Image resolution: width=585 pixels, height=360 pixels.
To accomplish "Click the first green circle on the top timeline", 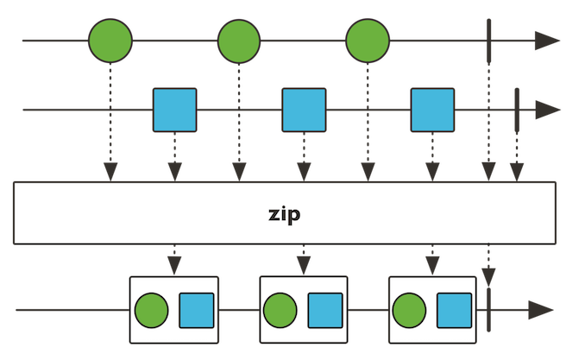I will (x=110, y=41).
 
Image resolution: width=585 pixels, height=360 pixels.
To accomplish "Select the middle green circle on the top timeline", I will (x=239, y=41).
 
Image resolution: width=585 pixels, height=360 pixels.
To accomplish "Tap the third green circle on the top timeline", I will (x=368, y=41).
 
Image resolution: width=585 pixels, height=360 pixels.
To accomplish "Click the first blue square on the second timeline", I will (x=175, y=110).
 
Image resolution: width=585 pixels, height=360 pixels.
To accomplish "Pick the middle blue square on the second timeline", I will (x=304, y=110).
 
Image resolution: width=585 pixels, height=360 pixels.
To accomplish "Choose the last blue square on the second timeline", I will (x=432, y=110).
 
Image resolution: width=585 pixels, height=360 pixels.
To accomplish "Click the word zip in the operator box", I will (x=285, y=214).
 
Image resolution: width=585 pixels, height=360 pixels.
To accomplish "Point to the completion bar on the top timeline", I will (x=489, y=41).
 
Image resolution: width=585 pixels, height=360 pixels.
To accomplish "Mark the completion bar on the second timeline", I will (x=516, y=110).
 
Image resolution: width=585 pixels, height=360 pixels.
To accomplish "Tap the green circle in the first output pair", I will (x=152, y=310).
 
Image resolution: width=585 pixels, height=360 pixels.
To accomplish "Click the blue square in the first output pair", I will (x=197, y=310).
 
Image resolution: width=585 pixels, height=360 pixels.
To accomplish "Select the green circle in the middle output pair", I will (x=280, y=310).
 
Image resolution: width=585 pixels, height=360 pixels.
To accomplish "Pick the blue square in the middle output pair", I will (x=325, y=310).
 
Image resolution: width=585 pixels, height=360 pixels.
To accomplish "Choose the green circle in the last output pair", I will (x=409, y=310).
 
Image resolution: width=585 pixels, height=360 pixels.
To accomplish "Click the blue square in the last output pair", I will (x=454, y=310).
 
